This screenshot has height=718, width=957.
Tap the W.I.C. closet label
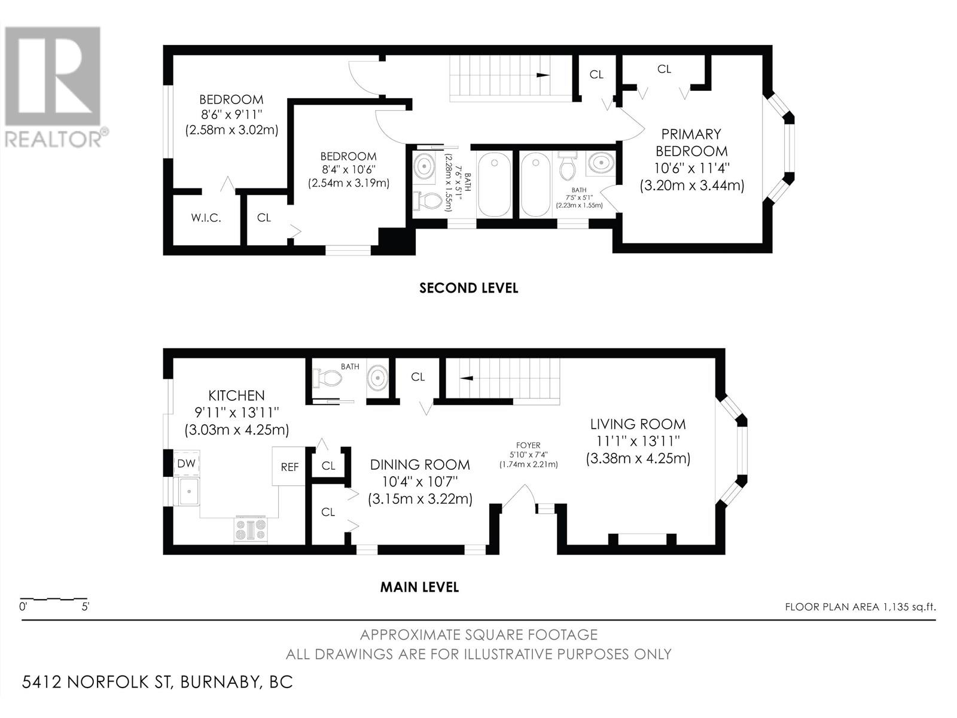pyautogui.click(x=206, y=218)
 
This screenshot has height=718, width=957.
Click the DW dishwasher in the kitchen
pyautogui.click(x=186, y=463)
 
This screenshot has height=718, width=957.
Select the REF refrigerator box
pyautogui.click(x=289, y=467)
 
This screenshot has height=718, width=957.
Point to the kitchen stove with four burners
pyautogui.click(x=251, y=530)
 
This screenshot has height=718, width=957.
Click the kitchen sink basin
pyautogui.click(x=187, y=491)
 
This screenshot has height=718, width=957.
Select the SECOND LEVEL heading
pyautogui.click(x=468, y=288)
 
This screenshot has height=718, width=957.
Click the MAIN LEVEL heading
pyautogui.click(x=419, y=587)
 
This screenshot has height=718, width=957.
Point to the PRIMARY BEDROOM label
pyautogui.click(x=691, y=142)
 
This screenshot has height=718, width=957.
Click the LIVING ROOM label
pyautogui.click(x=638, y=424)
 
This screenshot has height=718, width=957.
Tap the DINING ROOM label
pyautogui.click(x=420, y=465)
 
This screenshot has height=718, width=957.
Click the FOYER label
pyautogui.click(x=528, y=445)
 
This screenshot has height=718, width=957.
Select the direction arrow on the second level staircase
pyautogui.click(x=543, y=75)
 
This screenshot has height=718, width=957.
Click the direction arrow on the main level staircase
pyautogui.click(x=467, y=378)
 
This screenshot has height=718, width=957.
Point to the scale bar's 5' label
pyautogui.click(x=86, y=606)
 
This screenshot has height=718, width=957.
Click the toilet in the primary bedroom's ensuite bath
pyautogui.click(x=567, y=166)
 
